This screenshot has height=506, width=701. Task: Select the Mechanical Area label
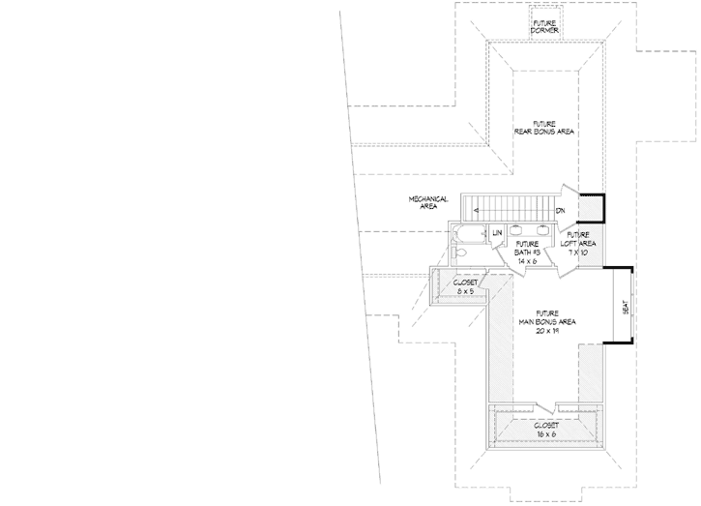[x=427, y=201]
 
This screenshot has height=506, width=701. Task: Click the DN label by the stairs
[x=560, y=210]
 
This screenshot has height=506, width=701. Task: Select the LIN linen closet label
[x=496, y=233]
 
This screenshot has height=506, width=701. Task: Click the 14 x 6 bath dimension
[x=527, y=261]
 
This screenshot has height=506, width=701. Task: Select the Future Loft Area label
[x=578, y=239]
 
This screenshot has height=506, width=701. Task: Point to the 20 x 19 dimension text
[x=547, y=329]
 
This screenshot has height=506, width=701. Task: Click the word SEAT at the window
[x=626, y=307]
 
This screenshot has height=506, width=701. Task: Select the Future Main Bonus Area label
[x=547, y=316]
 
